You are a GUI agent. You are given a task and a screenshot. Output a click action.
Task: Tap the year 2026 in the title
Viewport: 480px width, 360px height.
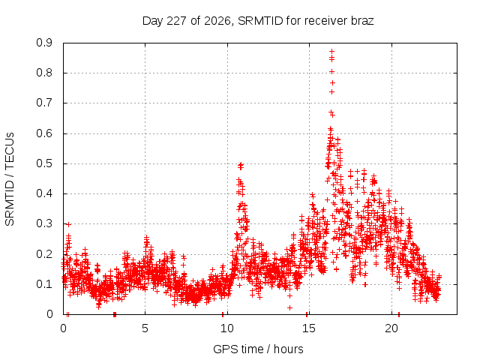[217, 21]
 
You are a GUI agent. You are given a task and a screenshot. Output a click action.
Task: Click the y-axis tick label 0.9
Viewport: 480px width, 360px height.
[44, 43]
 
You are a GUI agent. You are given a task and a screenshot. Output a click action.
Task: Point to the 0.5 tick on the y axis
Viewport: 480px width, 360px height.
[44, 163]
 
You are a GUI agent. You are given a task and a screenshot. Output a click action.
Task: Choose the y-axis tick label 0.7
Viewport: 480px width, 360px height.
[44, 103]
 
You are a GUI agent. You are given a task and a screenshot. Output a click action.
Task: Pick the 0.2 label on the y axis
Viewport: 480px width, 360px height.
[44, 254]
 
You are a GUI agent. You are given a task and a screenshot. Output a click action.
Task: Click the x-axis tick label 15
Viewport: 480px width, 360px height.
[309, 328]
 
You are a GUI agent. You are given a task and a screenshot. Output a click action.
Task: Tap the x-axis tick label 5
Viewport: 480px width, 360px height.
[145, 328]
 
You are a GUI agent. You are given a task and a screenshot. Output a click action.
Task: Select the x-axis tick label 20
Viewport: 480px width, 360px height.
[391, 328]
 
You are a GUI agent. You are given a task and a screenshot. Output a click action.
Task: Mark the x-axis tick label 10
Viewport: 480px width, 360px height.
[227, 328]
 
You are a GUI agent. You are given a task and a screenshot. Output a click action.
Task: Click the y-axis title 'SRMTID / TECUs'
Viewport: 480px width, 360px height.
[10, 179]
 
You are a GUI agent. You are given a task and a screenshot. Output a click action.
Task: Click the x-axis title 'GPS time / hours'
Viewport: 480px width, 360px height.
[258, 349]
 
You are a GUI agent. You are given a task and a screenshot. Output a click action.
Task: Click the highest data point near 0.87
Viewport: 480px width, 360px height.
[331, 52]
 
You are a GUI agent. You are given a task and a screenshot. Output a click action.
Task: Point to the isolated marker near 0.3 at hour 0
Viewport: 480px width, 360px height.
[68, 225]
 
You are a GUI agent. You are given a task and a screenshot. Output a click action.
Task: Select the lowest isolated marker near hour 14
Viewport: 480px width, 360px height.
[289, 307]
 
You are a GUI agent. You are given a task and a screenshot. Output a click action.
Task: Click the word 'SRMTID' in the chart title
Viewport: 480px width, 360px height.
[260, 21]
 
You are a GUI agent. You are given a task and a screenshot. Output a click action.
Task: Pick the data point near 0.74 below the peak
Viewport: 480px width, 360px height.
[331, 91]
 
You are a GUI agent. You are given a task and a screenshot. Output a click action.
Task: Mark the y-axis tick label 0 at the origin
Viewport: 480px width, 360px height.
[49, 314]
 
